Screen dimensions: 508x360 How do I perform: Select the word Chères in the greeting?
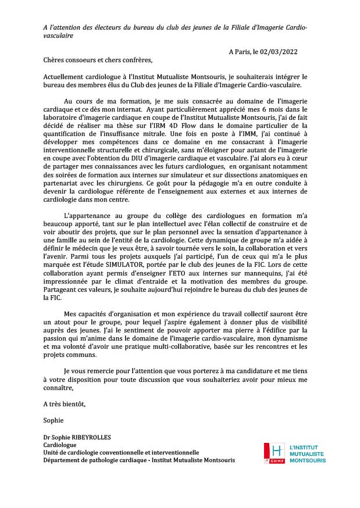point(54,60)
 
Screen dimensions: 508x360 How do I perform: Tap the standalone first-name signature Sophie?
point(53,420)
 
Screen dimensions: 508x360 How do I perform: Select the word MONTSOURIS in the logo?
point(307,460)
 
